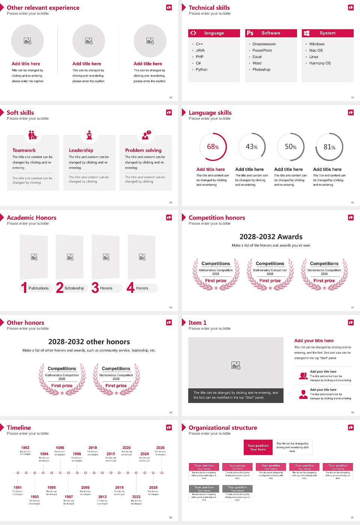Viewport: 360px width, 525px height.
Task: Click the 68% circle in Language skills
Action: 213,147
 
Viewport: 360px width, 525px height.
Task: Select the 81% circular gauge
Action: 329,147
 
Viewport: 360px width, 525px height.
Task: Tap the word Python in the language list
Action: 201,69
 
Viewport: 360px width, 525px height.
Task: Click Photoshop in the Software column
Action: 261,69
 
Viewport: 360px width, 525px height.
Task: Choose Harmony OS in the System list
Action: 320,63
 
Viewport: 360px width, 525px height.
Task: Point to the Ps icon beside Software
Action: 250,33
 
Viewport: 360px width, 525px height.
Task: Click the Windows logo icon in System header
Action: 306,33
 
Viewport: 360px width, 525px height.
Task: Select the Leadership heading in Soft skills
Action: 81,150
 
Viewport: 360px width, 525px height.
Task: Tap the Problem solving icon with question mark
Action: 145,135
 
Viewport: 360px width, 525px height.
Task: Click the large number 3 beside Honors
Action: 95,288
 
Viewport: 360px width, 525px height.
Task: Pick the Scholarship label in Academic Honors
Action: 74,288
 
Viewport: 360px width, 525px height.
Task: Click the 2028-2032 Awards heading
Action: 271,237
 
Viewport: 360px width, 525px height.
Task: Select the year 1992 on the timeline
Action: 25,447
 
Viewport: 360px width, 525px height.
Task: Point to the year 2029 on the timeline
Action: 160,447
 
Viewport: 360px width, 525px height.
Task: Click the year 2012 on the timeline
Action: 102,496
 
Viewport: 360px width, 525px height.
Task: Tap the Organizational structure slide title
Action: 223,427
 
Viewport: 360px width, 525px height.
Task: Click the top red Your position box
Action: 258,447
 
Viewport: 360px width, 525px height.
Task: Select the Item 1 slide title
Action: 197,322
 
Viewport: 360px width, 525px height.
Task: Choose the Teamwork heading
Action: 24,150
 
